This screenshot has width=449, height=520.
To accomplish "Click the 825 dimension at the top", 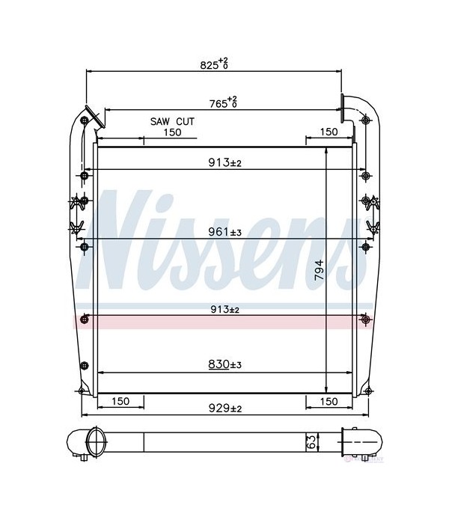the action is pyautogui.click(x=214, y=64).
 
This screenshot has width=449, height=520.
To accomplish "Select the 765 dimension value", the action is pyautogui.click(x=223, y=103).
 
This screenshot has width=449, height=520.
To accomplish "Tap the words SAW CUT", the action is pyautogui.click(x=172, y=121).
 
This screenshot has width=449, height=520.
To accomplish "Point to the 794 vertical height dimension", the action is pyautogui.click(x=319, y=269).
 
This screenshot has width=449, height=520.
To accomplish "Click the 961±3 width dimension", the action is pyautogui.click(x=224, y=232).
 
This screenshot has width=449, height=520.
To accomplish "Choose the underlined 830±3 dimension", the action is pyautogui.click(x=224, y=364).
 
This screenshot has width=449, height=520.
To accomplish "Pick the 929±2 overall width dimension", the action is pyautogui.click(x=224, y=409).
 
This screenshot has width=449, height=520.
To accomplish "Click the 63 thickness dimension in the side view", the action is pyautogui.click(x=311, y=442).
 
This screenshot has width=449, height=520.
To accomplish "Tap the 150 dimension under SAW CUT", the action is pyautogui.click(x=172, y=132).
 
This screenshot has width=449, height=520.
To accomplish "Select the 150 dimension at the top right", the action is pyautogui.click(x=329, y=132).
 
